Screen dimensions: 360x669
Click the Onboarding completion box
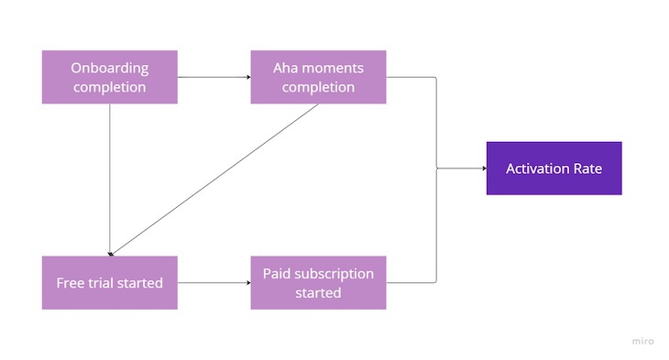tap(109, 77)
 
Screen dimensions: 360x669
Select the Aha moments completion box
tap(318, 77)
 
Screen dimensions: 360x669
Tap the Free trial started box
tap(109, 282)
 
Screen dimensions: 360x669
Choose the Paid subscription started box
tap(318, 282)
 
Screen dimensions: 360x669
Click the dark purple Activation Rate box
tap(554, 169)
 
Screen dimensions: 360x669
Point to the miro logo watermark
tap(642, 341)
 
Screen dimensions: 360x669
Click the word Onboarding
tap(109, 68)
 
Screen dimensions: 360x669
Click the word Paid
tap(278, 273)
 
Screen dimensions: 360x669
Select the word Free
tap(72, 283)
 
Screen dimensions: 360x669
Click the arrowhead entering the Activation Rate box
tap(481, 169)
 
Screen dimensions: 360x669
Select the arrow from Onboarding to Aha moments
tap(214, 77)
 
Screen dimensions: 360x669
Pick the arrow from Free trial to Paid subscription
tap(214, 282)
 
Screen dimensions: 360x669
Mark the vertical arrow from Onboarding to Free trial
tap(109, 179)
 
